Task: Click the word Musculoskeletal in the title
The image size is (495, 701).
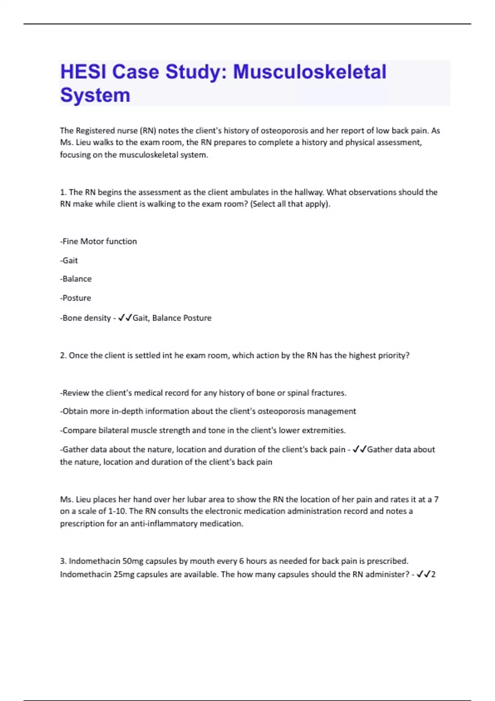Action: (309, 72)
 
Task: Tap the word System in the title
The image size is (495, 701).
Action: (95, 95)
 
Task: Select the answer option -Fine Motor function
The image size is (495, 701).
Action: (99, 242)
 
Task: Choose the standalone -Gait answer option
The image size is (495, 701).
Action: (69, 261)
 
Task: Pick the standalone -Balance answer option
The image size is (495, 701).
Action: (76, 279)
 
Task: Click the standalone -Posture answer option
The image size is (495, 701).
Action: (75, 298)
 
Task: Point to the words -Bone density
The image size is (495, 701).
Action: (85, 318)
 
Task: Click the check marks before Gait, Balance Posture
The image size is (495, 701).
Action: (125, 318)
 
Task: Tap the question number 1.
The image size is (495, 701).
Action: (63, 192)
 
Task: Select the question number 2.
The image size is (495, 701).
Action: (63, 355)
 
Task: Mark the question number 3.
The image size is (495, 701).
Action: (63, 561)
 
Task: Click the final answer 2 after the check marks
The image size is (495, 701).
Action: (434, 574)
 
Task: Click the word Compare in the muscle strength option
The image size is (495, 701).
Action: (79, 430)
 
